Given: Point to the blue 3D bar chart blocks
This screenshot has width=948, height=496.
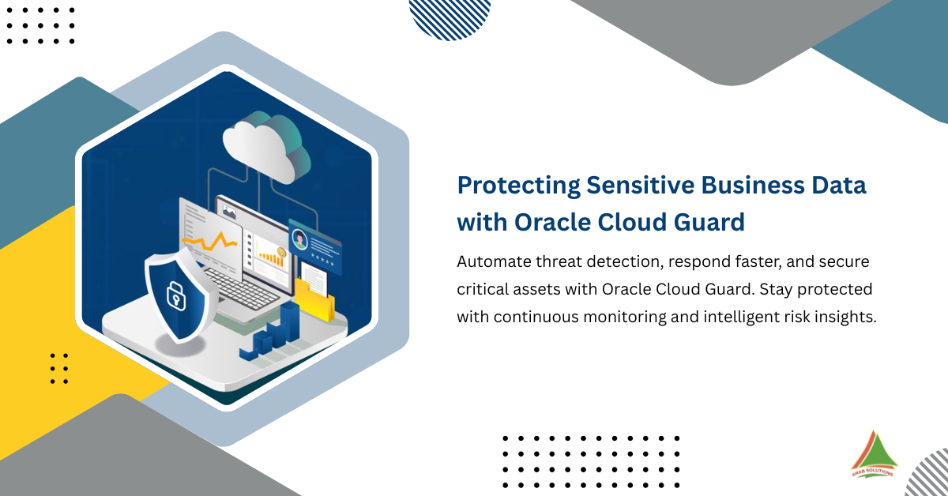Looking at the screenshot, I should click(276, 332).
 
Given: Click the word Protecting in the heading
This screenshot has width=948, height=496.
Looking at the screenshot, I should click(517, 185).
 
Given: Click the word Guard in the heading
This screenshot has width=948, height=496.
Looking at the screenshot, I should click(711, 222).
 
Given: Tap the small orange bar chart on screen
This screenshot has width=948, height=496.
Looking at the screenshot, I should click(273, 256).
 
